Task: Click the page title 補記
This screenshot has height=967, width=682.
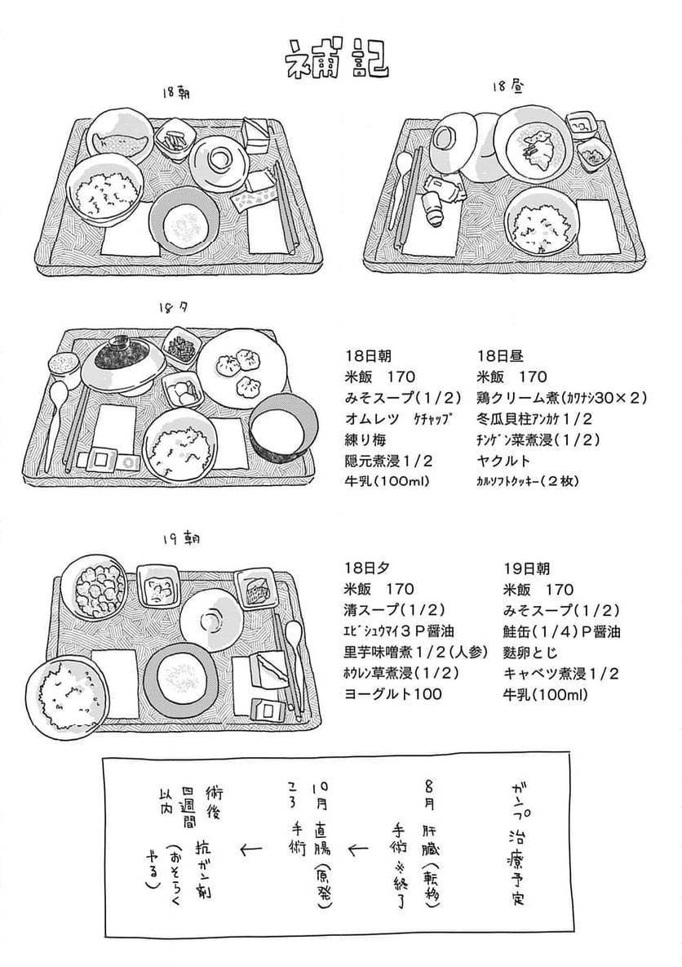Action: pyautogui.click(x=336, y=58)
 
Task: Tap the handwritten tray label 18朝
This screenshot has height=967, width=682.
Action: pyautogui.click(x=176, y=95)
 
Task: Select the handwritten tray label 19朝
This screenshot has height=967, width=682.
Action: pyautogui.click(x=181, y=539)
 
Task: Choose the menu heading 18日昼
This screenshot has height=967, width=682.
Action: pyautogui.click(x=501, y=356)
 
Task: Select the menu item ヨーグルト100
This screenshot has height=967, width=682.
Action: pyautogui.click(x=393, y=694)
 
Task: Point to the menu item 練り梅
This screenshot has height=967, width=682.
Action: pyautogui.click(x=365, y=440)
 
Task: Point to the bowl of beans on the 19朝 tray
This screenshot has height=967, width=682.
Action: pyautogui.click(x=92, y=586)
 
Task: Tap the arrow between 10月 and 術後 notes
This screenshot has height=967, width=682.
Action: pyautogui.click(x=250, y=850)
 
